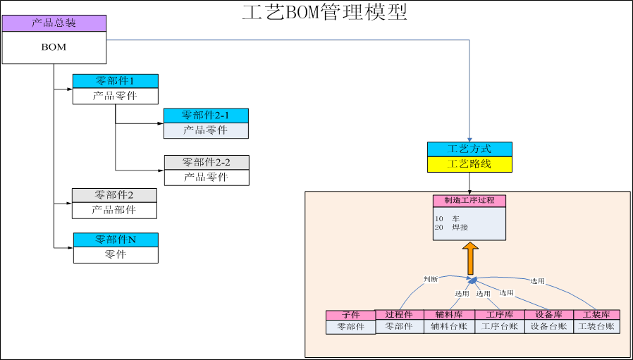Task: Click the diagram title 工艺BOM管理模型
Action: pos(324,12)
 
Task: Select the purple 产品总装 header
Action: pos(54,23)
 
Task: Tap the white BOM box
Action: pos(54,47)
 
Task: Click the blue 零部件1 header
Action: pos(115,81)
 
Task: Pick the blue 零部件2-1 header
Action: pos(206,116)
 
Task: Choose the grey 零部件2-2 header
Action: pos(207,162)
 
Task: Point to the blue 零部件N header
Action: pos(116,240)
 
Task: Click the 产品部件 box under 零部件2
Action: pos(114,210)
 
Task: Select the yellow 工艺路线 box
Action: pos(469,164)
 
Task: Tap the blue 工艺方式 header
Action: pos(469,149)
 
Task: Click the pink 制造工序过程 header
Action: pos(469,200)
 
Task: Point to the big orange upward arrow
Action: pos(470,259)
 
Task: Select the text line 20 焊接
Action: pos(452,228)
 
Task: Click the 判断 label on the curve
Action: pos(430,279)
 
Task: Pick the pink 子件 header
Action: pos(350,315)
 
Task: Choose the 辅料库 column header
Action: pos(449,314)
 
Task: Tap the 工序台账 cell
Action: pos(500,327)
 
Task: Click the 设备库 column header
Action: pos(549,314)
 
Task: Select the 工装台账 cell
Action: pos(596,327)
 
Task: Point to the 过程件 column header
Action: pos(400,314)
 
